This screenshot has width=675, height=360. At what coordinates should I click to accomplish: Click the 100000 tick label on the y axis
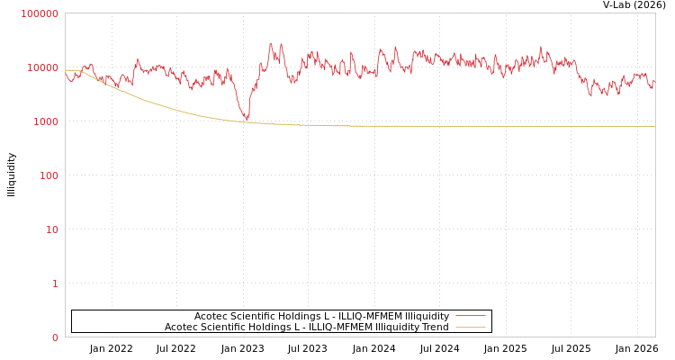[40, 13]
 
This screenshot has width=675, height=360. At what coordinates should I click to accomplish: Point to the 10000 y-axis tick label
[42, 67]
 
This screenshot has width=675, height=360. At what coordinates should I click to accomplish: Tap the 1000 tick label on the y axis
[44, 121]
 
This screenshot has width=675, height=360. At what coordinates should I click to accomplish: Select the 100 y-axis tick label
[48, 175]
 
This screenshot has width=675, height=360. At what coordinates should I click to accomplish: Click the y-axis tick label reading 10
[51, 229]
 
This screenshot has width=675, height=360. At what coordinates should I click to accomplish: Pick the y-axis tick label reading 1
[55, 283]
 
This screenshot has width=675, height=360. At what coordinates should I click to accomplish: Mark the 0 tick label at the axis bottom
[55, 337]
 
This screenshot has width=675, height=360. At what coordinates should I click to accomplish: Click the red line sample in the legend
[471, 316]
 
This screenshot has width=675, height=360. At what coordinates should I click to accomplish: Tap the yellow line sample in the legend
[471, 327]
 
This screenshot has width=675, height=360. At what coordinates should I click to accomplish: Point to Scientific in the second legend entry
[220, 327]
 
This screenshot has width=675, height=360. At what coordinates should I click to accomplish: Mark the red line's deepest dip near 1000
[247, 119]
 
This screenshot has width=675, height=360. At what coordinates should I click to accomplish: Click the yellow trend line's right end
[654, 126]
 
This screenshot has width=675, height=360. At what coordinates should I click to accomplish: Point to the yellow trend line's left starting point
[66, 70]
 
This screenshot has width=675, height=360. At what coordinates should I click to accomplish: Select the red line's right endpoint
[654, 81]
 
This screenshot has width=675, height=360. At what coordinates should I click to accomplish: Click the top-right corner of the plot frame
[655, 13]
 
